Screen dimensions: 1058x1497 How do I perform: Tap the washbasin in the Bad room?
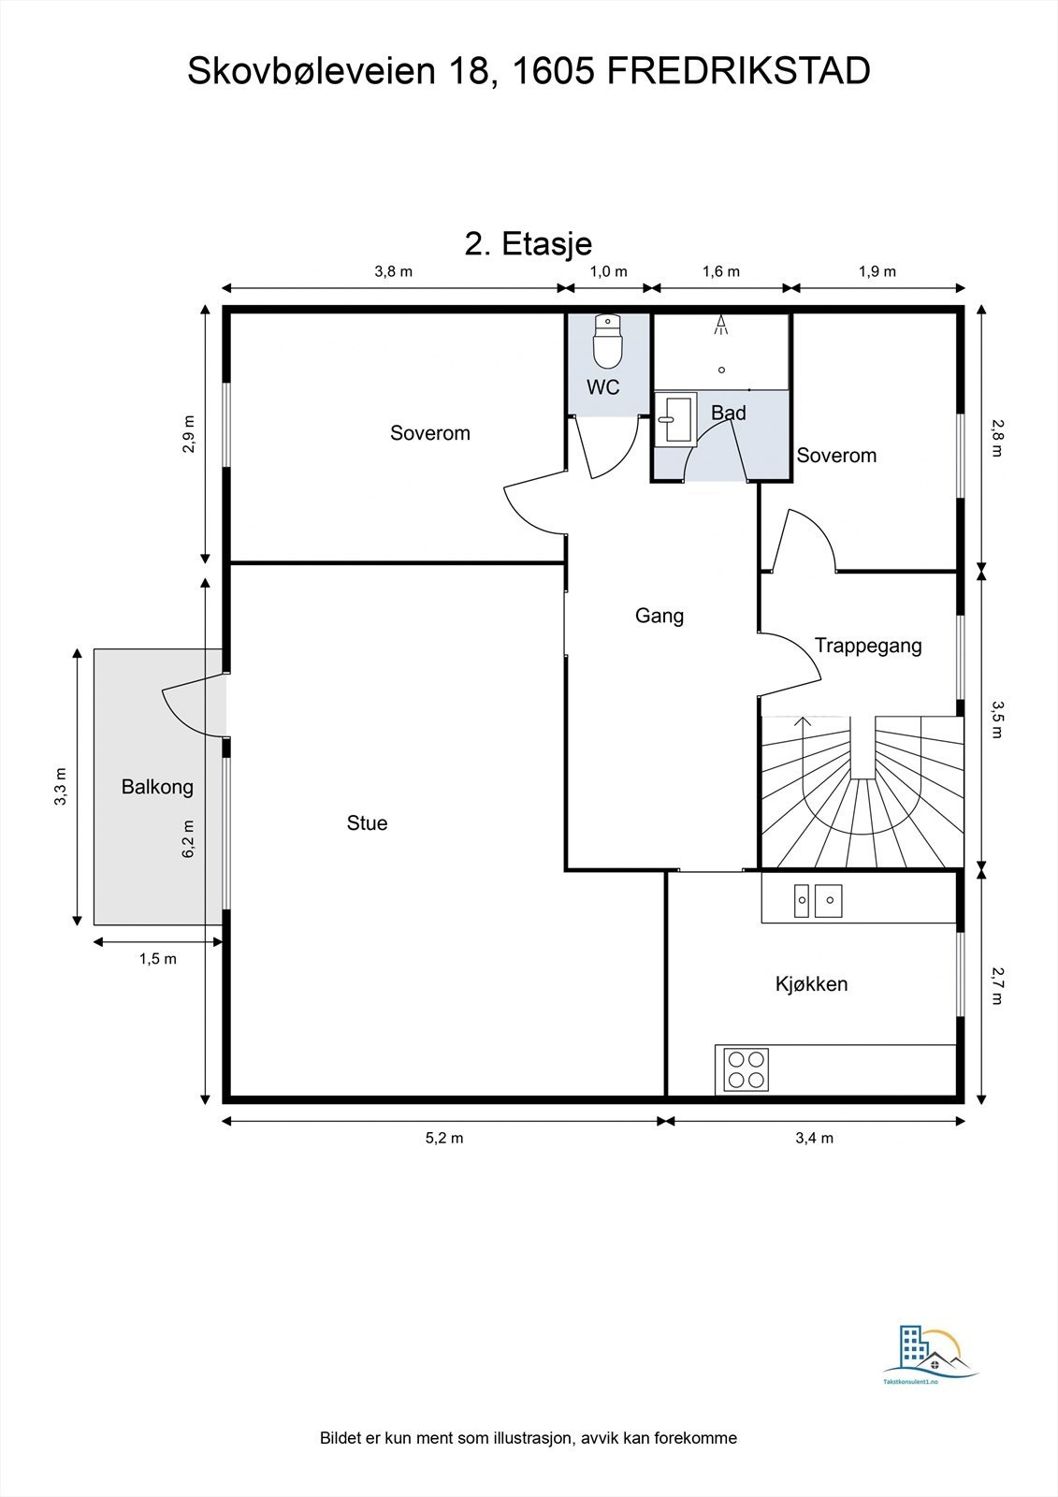click(x=675, y=418)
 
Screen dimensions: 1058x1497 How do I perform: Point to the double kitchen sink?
click(x=818, y=901)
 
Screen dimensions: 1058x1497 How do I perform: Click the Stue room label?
click(x=367, y=822)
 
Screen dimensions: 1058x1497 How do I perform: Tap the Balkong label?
click(x=157, y=787)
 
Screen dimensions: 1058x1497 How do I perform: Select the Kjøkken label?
click(x=811, y=983)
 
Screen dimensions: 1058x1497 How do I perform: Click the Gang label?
click(x=659, y=616)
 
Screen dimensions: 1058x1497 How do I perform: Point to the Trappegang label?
click(x=868, y=646)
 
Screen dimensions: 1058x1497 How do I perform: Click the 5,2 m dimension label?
click(x=444, y=1138)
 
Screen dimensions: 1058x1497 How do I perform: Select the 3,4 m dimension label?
click(x=814, y=1138)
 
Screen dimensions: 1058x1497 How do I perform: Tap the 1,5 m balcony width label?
click(x=158, y=959)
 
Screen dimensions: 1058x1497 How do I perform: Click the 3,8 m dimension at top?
click(x=393, y=271)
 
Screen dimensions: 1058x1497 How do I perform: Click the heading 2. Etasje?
click(x=528, y=244)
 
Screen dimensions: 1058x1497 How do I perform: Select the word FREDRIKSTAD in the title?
click(x=738, y=71)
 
